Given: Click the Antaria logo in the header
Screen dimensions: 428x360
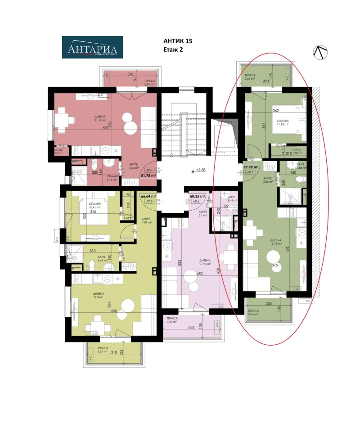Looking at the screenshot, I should tap(92, 47).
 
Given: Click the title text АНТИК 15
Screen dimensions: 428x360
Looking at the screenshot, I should tap(177, 41).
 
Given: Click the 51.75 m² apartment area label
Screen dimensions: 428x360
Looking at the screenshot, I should tap(148, 176).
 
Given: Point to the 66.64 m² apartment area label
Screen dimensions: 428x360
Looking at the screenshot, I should tap(148, 196).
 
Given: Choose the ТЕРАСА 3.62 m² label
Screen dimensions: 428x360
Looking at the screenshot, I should tap(250, 77).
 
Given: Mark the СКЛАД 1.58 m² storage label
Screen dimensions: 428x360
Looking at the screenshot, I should tap(297, 151).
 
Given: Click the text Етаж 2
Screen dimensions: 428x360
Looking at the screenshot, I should tap(173, 50).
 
